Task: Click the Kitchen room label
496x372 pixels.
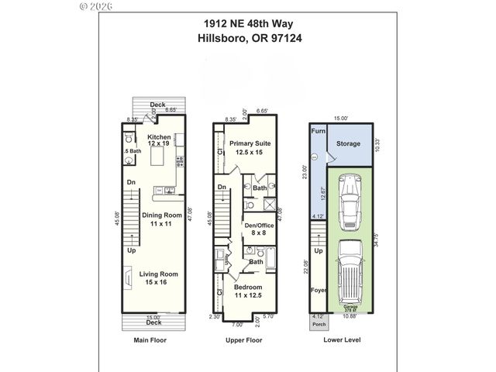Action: pyautogui.click(x=159, y=139)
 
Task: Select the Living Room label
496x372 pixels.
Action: pyautogui.click(x=159, y=277)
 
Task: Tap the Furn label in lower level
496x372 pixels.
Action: pyautogui.click(x=316, y=132)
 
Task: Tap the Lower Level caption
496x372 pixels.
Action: pyautogui.click(x=342, y=339)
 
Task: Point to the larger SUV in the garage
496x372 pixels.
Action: pyautogui.click(x=351, y=271)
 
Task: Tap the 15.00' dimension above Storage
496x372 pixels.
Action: pyautogui.click(x=340, y=119)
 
